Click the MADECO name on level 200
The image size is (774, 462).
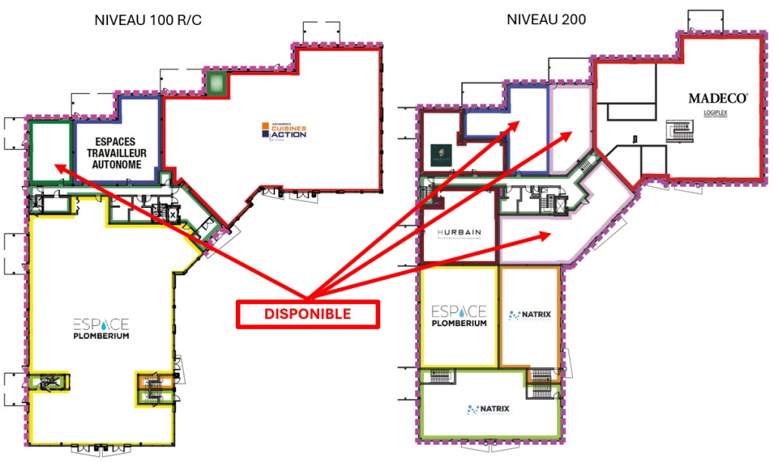tap(717, 98)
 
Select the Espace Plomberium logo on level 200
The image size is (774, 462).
tap(458, 316)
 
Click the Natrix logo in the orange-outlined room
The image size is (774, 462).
tap(529, 315)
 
